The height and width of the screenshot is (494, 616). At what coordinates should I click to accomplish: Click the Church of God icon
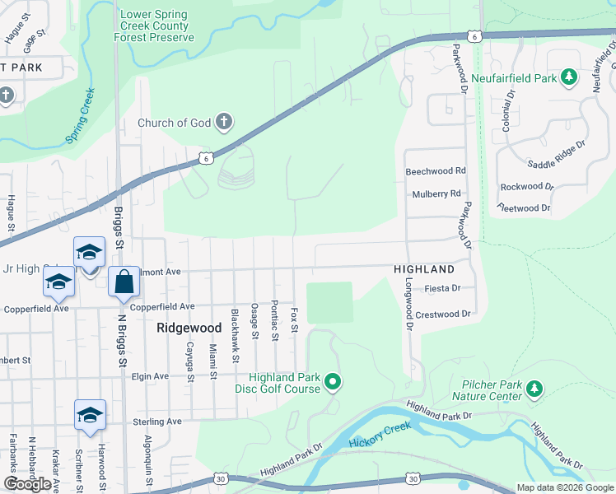tap(222, 123)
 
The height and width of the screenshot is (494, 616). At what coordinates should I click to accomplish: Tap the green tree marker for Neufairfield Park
tap(568, 77)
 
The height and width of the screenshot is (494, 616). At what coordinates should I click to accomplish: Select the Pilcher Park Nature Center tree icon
tap(534, 388)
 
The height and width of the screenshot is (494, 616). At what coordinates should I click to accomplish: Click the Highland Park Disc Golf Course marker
tap(333, 382)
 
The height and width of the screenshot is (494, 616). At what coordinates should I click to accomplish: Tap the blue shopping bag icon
tap(124, 282)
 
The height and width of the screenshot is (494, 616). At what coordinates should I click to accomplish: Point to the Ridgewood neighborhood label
tap(189, 328)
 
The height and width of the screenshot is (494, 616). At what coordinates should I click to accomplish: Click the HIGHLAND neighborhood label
tap(423, 269)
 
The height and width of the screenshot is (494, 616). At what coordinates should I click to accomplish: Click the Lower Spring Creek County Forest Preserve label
tap(156, 26)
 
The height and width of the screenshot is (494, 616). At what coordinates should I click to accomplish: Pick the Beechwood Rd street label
tap(436, 172)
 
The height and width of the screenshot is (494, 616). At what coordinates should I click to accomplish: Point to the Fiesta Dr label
tap(442, 289)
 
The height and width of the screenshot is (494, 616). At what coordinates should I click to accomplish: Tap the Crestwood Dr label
tap(442, 315)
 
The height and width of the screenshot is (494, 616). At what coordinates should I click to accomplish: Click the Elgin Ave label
tap(150, 376)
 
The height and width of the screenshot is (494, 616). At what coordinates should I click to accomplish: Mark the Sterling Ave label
tap(157, 422)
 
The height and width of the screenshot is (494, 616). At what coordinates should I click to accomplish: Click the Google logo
tap(28, 483)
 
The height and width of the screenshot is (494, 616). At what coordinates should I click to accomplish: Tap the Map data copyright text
tap(565, 487)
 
